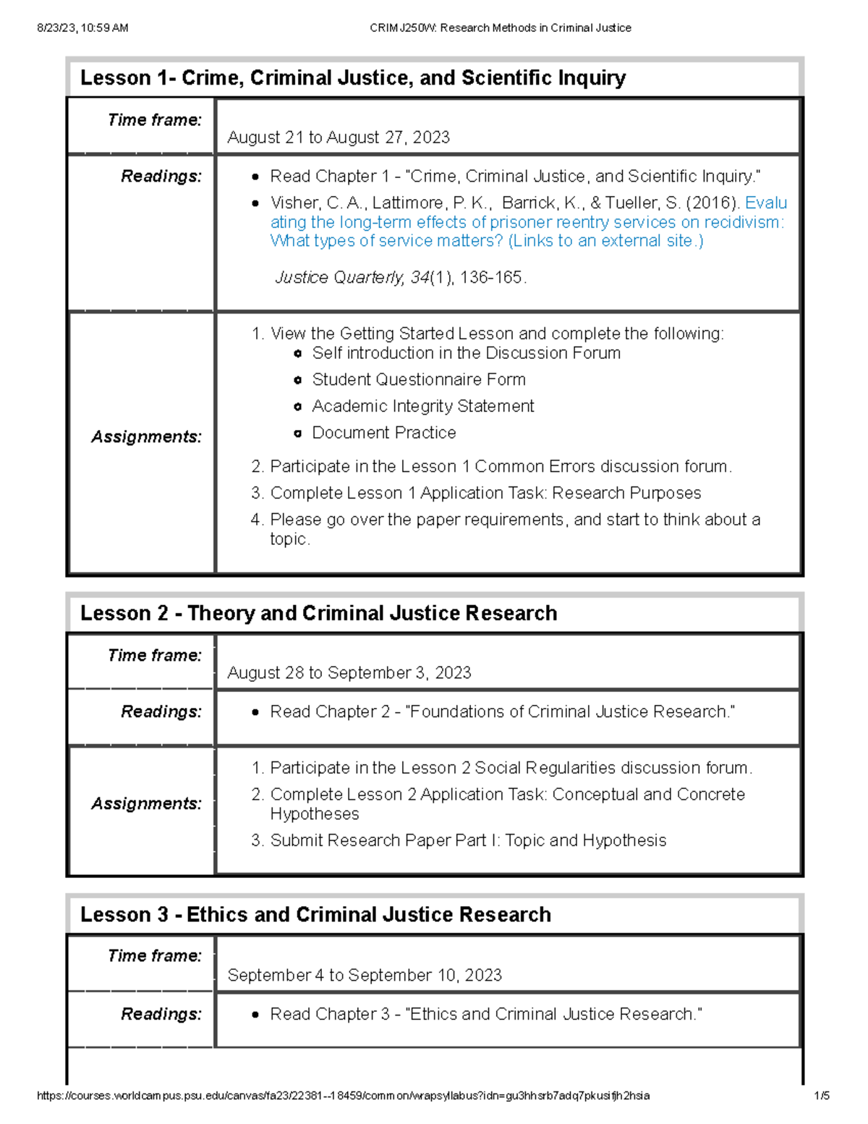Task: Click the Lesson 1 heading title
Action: [352, 78]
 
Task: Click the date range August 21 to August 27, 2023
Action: [338, 138]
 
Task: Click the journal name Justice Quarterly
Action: [339, 278]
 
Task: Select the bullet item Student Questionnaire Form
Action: [418, 380]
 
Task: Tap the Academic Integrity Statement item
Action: [422, 407]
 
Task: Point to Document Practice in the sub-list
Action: [383, 433]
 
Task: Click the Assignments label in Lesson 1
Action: [146, 437]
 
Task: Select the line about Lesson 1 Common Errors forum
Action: [500, 467]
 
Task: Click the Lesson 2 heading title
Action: [318, 614]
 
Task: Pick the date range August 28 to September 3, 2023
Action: [349, 673]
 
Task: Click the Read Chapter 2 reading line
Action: [502, 712]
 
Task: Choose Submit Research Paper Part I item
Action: [467, 841]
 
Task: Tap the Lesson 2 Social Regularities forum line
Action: [511, 768]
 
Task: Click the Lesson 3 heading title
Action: [315, 915]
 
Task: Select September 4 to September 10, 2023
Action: [364, 976]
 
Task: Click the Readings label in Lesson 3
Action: [161, 1015]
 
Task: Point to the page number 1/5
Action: [821, 1096]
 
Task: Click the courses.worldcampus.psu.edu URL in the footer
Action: [343, 1096]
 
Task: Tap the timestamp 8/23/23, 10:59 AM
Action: [82, 28]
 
